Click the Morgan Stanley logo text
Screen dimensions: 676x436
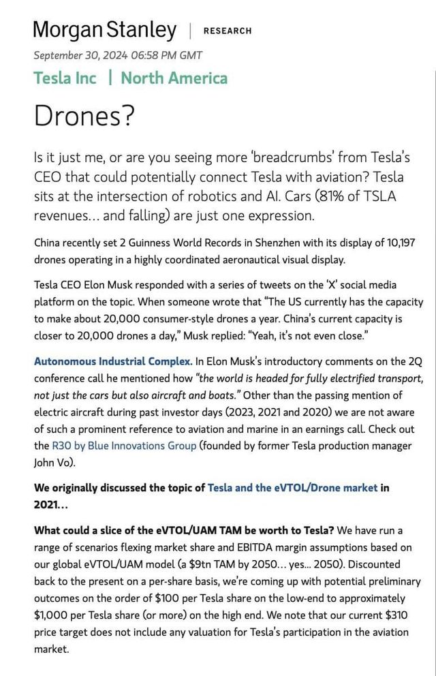[x=104, y=29]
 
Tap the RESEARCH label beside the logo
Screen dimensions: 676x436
[x=228, y=31]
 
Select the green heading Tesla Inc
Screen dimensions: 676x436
[x=65, y=78]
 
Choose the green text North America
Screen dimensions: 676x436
[x=174, y=78]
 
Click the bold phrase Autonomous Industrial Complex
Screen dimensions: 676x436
[x=112, y=360]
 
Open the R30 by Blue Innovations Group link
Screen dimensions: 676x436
[x=124, y=446]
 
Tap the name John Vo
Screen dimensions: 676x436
[x=52, y=462]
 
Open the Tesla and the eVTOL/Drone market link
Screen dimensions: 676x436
[x=292, y=488]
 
